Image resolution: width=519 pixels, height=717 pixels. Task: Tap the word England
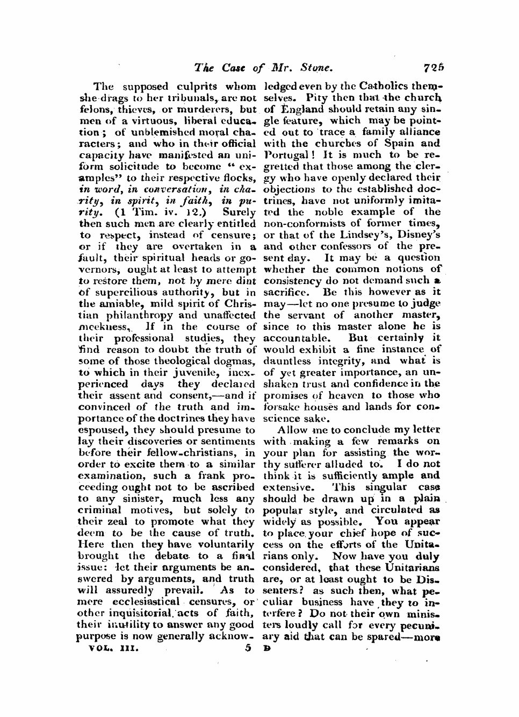[298, 109]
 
